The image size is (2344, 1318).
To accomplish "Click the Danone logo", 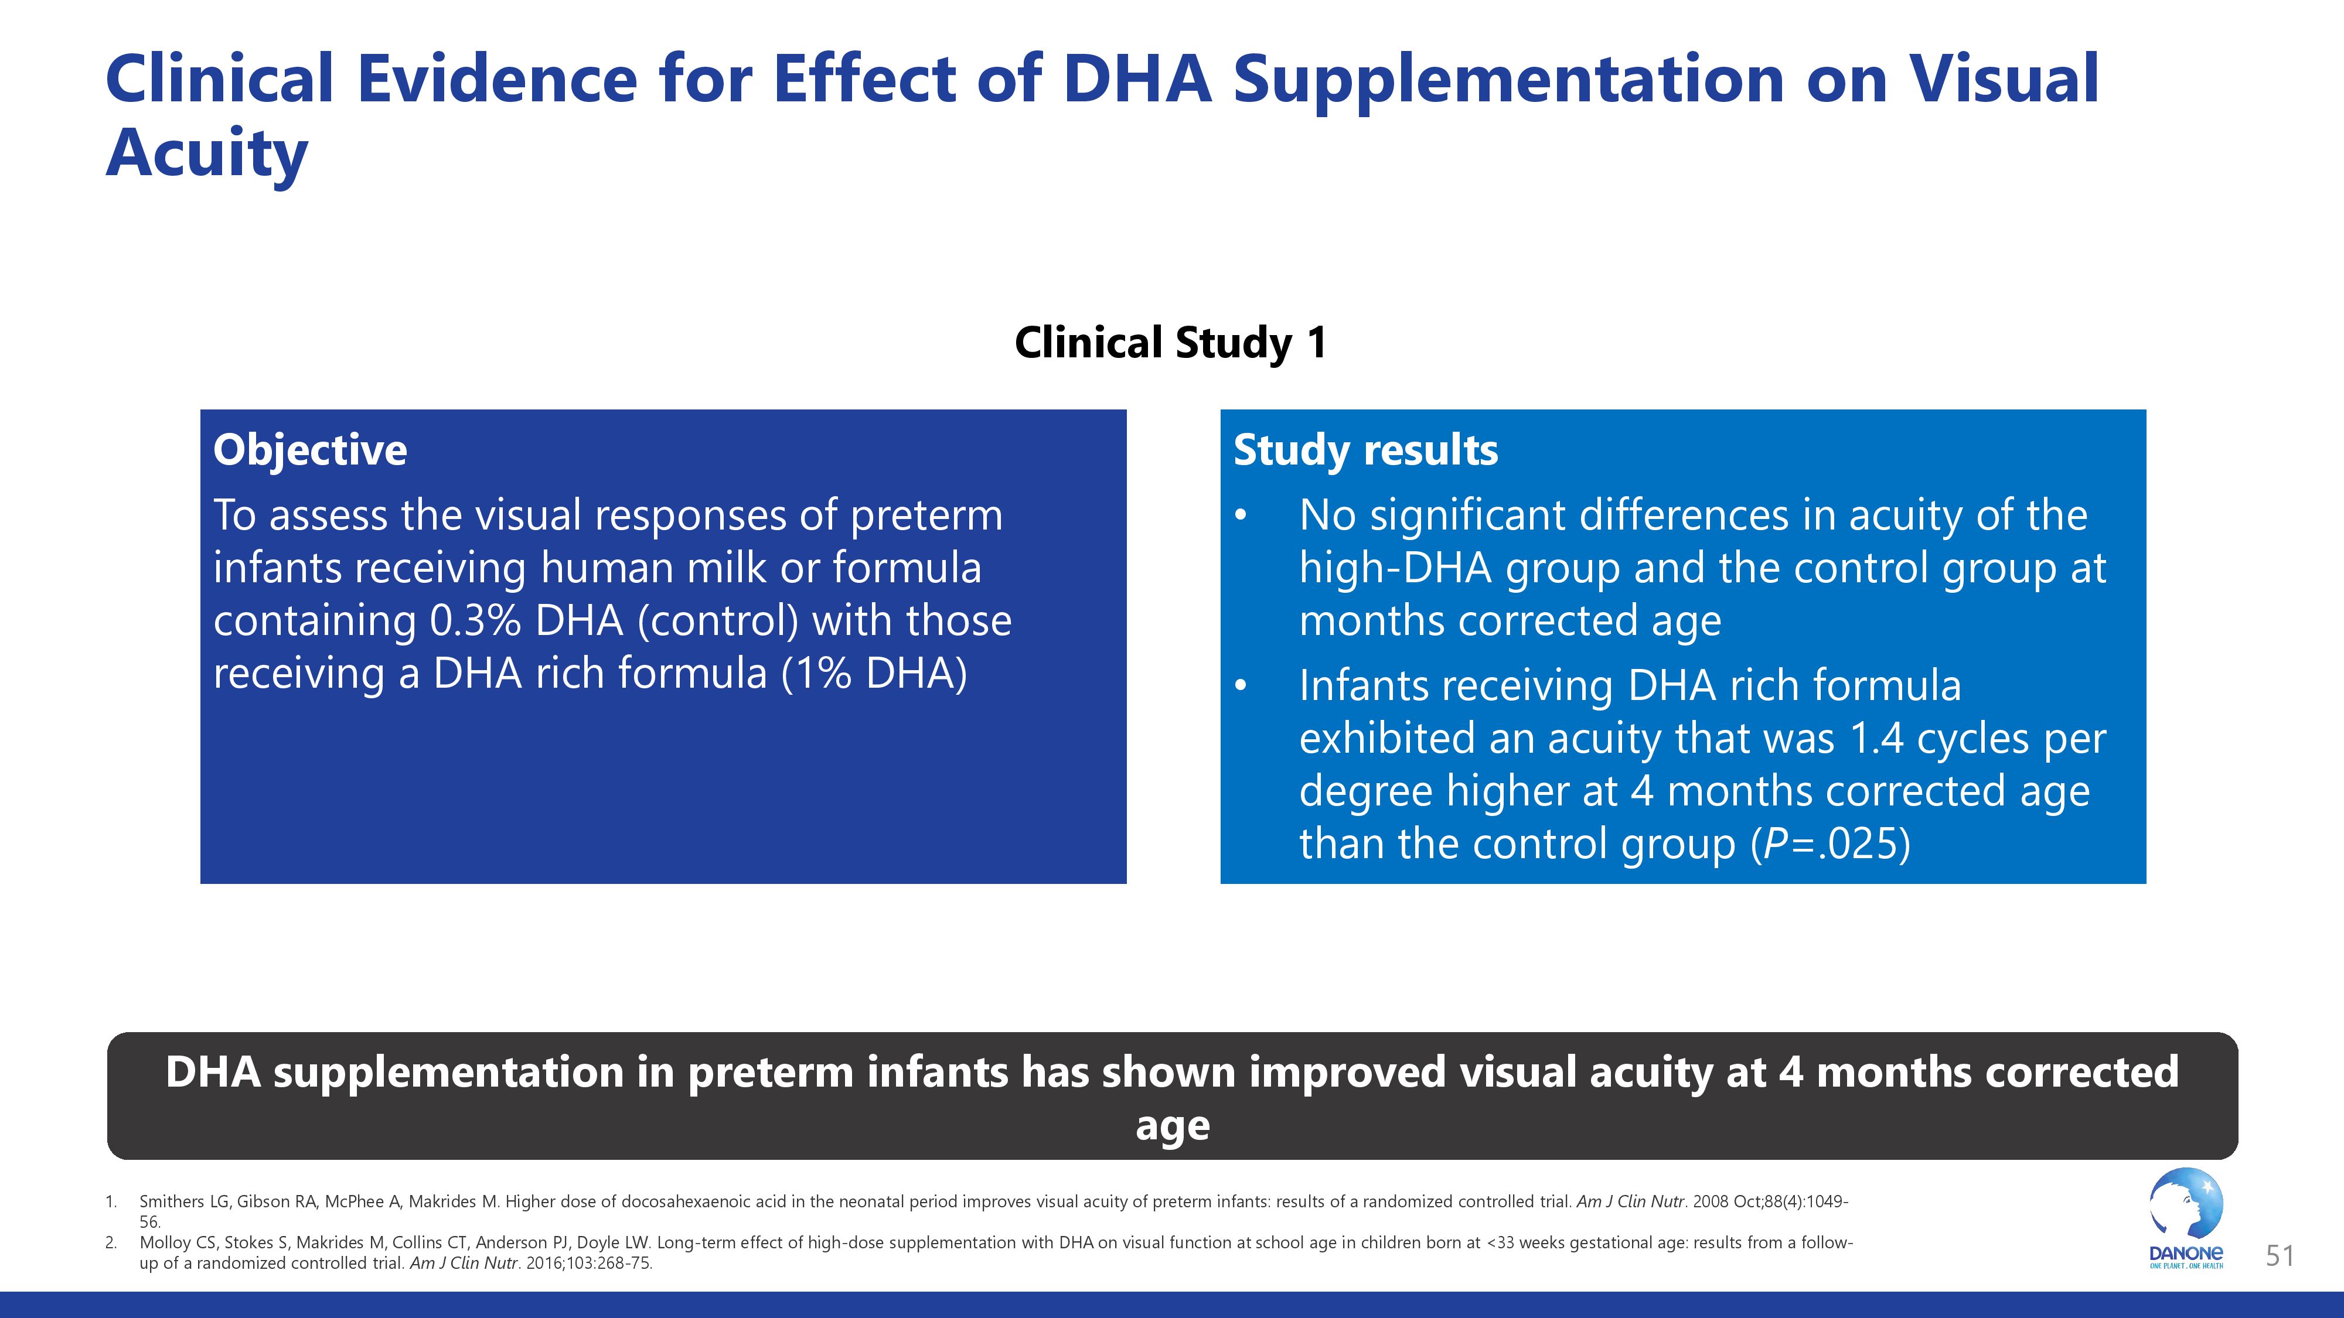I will coord(2186,1219).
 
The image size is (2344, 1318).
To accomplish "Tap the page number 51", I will coord(2280,1256).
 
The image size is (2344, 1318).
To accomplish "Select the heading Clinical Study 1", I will coord(1171,343).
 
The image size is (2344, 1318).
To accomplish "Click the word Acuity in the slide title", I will coord(207,153).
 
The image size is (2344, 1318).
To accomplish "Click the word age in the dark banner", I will coord(1172,1126).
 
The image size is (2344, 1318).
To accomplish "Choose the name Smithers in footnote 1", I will coord(172,1201).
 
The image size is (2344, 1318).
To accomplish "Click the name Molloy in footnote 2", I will coord(165,1242).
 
